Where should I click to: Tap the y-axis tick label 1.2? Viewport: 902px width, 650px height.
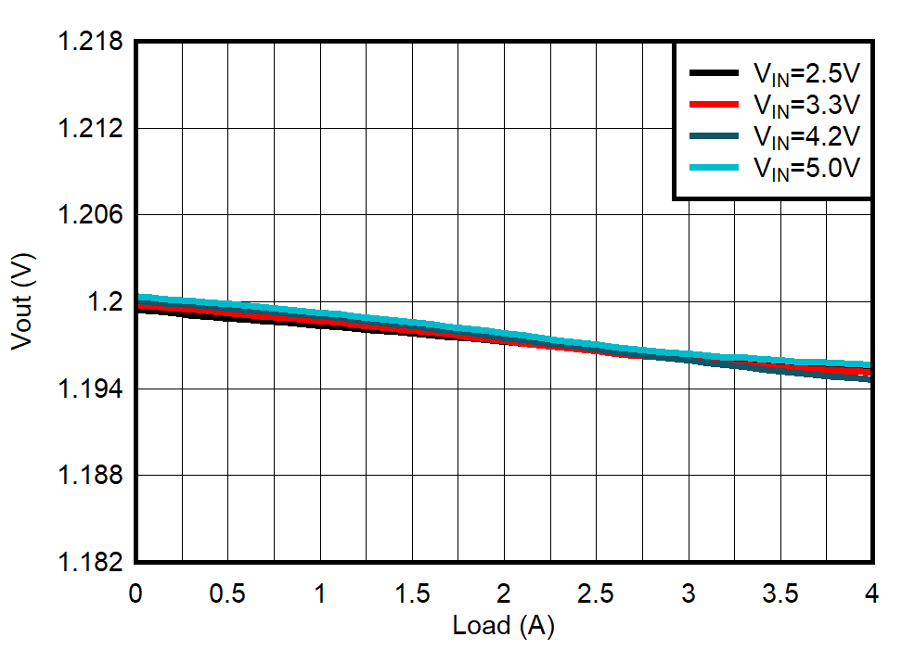click(105, 302)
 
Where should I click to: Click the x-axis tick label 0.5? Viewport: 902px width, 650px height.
click(228, 594)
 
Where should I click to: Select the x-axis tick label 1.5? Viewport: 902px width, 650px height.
click(412, 594)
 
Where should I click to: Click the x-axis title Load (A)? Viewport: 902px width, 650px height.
click(503, 626)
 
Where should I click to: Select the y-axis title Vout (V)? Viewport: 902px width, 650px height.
click(22, 302)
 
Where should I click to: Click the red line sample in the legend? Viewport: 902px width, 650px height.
click(714, 104)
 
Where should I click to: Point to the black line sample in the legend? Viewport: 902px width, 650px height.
click(714, 72)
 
